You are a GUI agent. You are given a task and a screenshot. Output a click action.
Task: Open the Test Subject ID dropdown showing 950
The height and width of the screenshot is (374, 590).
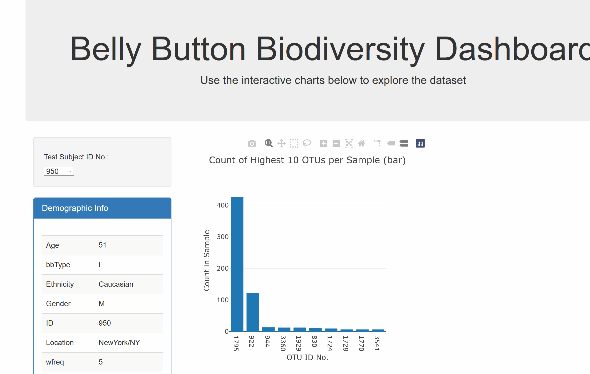[x=59, y=171]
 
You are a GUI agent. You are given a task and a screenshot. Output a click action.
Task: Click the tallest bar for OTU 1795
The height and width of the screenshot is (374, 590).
[x=237, y=264]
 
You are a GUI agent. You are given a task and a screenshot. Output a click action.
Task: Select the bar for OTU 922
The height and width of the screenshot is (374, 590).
[x=253, y=312]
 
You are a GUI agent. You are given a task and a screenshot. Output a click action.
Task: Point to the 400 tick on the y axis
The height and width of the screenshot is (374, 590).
[x=222, y=205]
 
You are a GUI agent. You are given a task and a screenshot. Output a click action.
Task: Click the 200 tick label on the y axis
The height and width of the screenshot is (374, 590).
[x=222, y=268]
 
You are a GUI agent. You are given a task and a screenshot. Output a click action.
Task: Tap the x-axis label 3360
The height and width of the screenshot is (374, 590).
[x=283, y=343]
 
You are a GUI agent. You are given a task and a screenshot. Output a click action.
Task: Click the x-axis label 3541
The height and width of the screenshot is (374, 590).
[x=377, y=343]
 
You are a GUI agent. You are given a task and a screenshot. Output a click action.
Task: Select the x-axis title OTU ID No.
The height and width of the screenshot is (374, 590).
[x=307, y=357]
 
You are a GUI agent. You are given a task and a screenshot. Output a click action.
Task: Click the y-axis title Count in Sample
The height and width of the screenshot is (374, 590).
[x=207, y=260]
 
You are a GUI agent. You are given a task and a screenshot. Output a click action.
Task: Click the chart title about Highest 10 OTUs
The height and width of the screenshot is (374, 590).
[x=307, y=160]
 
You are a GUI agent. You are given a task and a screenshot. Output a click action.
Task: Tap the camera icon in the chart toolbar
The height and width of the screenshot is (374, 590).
[x=252, y=143]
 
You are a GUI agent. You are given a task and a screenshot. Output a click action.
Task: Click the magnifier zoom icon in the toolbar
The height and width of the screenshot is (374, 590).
[x=269, y=143]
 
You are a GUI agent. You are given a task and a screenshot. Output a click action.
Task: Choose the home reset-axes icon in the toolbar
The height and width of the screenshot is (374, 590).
[x=362, y=143]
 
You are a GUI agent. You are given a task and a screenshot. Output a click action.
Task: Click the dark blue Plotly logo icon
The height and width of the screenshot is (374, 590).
[x=420, y=143]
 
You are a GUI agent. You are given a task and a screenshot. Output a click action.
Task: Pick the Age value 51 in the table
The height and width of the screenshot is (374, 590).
[x=102, y=245]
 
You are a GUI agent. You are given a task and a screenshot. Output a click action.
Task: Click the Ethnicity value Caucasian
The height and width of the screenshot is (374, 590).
[x=116, y=284]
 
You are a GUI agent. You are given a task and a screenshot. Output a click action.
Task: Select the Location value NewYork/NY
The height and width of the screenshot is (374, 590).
[x=119, y=342]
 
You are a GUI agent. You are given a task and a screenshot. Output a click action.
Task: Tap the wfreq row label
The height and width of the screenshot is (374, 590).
[x=55, y=362]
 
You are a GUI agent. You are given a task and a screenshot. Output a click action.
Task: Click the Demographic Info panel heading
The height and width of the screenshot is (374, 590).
[x=75, y=208]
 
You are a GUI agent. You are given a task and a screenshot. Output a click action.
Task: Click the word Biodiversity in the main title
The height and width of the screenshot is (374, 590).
[x=340, y=49]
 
